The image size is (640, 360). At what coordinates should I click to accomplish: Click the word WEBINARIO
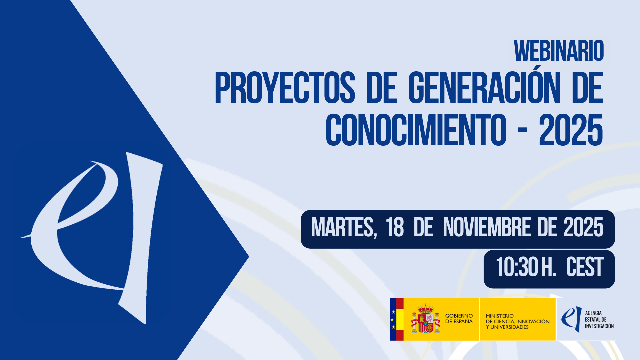(559, 51)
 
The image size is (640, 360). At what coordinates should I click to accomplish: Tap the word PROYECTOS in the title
(285, 88)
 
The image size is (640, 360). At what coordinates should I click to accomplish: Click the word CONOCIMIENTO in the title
(416, 130)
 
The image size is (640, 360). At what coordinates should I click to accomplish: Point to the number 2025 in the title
(571, 130)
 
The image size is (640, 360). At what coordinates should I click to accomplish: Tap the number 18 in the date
(395, 227)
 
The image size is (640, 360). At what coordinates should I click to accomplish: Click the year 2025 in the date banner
(583, 227)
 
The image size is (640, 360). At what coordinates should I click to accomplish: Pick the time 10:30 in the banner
(517, 267)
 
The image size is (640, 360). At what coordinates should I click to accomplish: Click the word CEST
(585, 267)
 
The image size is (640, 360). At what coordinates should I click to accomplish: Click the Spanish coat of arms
(425, 319)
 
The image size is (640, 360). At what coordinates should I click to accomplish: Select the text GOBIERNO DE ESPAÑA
(459, 319)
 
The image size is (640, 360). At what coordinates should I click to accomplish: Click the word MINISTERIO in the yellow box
(500, 316)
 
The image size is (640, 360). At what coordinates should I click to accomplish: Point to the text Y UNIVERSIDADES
(507, 327)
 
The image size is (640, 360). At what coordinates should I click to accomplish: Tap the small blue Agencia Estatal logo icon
(571, 319)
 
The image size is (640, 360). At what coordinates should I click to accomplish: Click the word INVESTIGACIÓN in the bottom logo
(599, 326)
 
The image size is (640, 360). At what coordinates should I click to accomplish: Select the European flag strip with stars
(393, 319)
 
